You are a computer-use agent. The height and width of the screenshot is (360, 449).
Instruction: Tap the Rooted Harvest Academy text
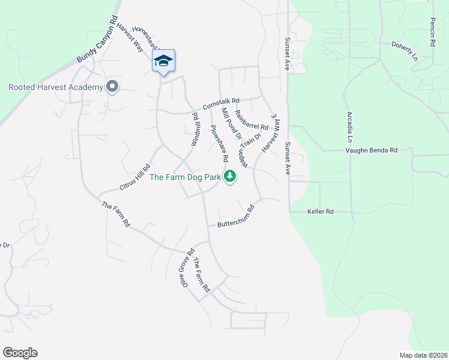(x=56, y=88)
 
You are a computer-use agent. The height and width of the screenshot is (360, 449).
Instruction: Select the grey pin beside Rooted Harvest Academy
(x=112, y=88)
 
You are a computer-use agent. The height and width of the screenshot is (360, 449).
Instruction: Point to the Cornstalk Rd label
(x=221, y=104)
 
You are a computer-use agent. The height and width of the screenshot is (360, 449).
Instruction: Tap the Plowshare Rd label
(x=218, y=143)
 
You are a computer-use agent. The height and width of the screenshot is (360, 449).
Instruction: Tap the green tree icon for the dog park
(x=229, y=176)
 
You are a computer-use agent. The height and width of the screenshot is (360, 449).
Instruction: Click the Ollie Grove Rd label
(x=186, y=270)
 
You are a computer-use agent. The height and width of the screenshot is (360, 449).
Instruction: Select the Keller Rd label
(x=320, y=212)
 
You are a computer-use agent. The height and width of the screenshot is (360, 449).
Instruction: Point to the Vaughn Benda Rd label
(x=372, y=151)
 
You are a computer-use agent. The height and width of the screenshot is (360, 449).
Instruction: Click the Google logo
(x=20, y=353)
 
